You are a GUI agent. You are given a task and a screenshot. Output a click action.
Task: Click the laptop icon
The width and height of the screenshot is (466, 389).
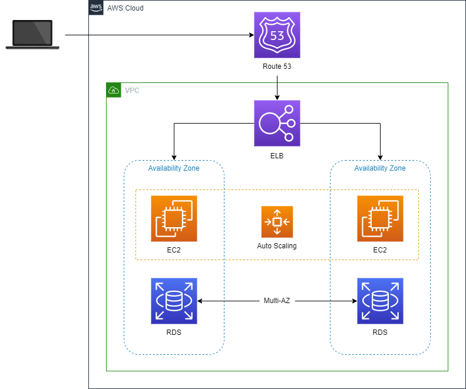click(32, 35)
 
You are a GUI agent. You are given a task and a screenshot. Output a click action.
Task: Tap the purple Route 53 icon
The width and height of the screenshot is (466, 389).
click(277, 35)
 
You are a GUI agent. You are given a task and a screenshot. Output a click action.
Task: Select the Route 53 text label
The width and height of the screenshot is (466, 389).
click(277, 67)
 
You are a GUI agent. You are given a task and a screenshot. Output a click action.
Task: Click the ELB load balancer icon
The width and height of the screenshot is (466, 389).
click(277, 123)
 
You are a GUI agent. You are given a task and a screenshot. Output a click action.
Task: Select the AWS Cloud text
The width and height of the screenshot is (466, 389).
click(125, 8)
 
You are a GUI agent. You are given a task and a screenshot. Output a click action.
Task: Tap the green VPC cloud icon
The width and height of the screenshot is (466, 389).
click(113, 90)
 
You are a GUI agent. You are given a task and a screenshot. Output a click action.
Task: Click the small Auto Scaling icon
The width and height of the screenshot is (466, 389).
click(277, 222)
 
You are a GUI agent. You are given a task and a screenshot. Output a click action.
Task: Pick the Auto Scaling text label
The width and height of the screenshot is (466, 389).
click(277, 246)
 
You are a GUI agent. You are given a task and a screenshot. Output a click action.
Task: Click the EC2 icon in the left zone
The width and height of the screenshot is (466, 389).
click(174, 218)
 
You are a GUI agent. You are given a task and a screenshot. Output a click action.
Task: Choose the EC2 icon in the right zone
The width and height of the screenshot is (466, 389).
click(380, 218)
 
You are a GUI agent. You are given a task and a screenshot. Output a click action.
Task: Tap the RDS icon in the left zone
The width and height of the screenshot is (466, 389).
click(174, 301)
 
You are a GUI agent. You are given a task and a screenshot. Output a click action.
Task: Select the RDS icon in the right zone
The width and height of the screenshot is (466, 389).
click(380, 301)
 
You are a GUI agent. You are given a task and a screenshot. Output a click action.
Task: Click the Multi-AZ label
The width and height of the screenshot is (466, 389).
click(277, 301)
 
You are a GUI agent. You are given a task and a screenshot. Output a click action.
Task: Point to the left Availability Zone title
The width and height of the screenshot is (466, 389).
click(174, 168)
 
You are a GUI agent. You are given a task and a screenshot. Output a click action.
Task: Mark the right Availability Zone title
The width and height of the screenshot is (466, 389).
click(380, 168)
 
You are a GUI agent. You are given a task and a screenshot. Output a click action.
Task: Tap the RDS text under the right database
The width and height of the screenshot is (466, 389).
click(380, 333)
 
